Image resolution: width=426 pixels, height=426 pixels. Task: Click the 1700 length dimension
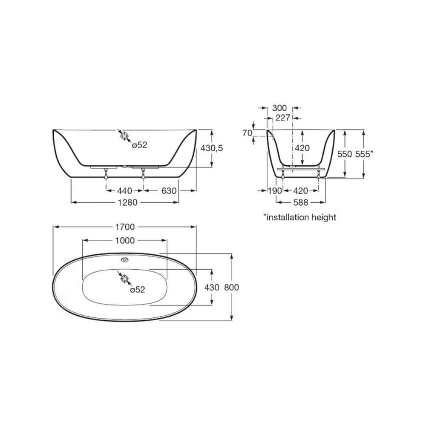(x=125, y=227)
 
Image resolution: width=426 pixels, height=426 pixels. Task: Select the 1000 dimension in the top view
(x=125, y=240)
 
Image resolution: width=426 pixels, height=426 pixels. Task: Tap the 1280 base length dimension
(x=127, y=202)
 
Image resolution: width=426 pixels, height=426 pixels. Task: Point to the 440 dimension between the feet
(x=125, y=191)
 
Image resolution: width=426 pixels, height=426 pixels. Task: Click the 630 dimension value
(x=169, y=191)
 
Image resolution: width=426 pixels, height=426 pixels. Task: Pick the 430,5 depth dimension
(x=212, y=148)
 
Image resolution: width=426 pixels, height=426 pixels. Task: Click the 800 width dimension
(x=231, y=287)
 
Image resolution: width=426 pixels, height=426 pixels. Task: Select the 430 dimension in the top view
(x=212, y=287)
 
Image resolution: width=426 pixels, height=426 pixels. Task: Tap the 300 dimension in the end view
(x=279, y=108)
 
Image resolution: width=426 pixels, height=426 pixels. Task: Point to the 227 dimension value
(x=283, y=118)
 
